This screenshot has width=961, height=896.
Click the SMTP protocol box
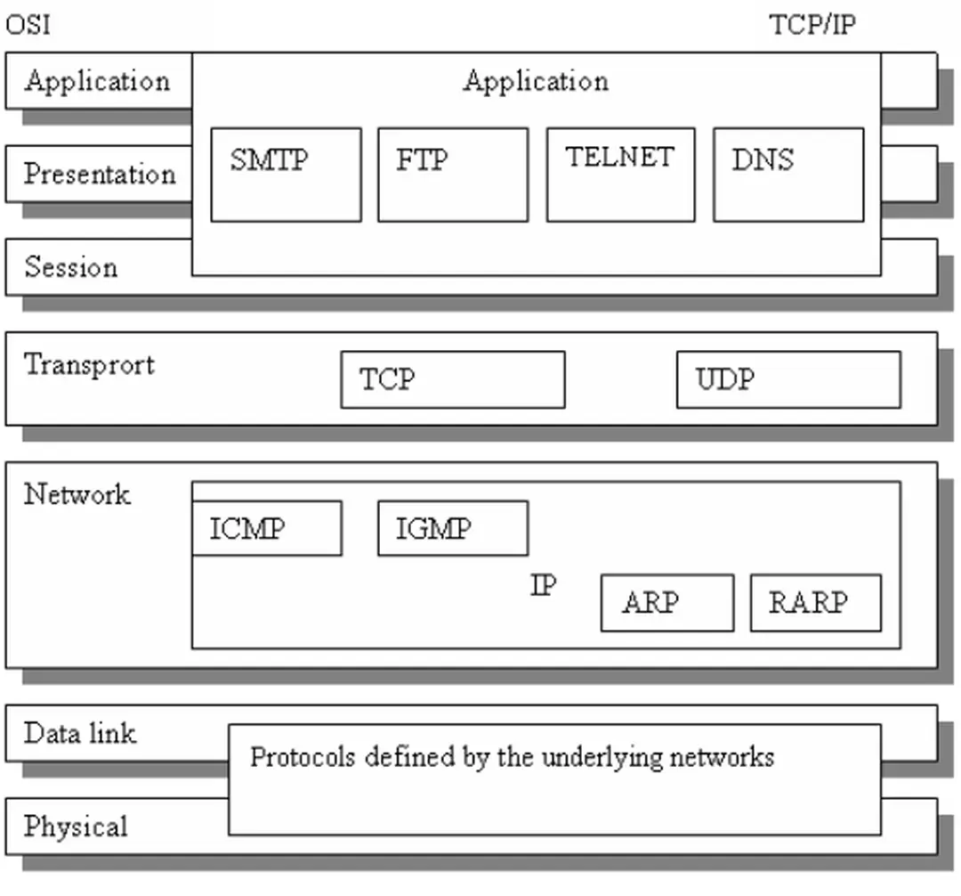click(286, 175)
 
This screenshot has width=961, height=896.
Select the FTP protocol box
click(452, 175)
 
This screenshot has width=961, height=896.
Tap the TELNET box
click(620, 175)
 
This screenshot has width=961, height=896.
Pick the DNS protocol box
click(787, 175)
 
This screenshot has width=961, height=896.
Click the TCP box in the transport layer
click(452, 379)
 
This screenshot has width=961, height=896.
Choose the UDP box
click(787, 379)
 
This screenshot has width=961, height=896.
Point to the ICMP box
click(266, 528)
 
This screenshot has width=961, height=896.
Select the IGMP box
click(452, 528)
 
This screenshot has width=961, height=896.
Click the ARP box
click(666, 603)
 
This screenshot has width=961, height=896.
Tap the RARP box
click(815, 603)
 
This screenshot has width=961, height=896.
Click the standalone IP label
click(544, 586)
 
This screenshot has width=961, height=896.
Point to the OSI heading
click(28, 24)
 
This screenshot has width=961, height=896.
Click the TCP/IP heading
click(812, 24)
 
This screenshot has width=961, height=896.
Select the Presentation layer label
click(100, 174)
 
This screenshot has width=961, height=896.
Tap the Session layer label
click(70, 267)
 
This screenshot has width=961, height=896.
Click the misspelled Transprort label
click(89, 364)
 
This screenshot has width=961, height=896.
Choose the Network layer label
click(77, 494)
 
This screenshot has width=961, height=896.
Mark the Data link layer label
click(80, 734)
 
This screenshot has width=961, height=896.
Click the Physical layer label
click(76, 827)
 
